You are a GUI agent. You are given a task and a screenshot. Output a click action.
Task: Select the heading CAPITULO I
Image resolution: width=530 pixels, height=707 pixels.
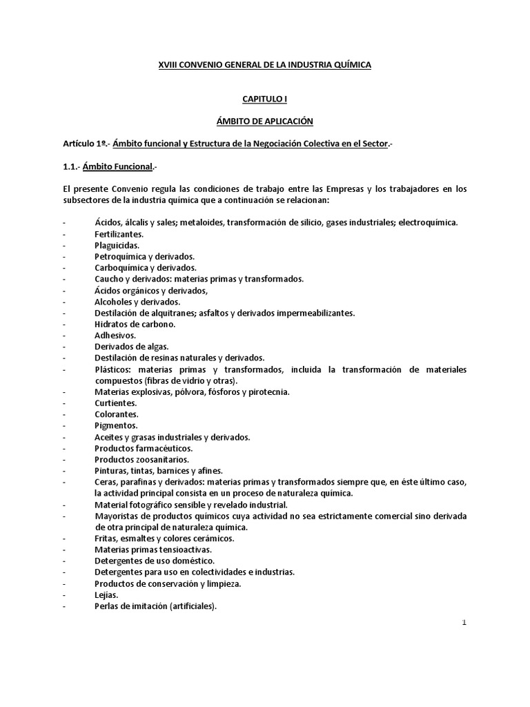tap(265, 99)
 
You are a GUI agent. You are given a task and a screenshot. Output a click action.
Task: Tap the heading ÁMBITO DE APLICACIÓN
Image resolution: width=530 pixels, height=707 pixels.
tap(265, 122)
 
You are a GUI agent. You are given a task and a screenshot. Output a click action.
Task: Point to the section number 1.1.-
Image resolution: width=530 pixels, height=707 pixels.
tap(70, 166)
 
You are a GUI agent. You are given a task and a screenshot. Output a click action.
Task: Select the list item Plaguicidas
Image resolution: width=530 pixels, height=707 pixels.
tap(117, 245)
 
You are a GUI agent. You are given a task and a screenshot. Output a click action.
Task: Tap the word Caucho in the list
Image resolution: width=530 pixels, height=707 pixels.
tap(108, 279)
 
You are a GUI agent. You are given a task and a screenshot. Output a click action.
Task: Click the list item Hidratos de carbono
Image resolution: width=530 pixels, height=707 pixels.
tap(135, 324)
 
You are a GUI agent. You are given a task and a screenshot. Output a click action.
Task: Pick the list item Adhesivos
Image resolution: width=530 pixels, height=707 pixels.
tap(115, 335)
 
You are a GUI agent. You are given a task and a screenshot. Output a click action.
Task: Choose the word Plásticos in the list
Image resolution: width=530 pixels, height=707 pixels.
tap(112, 369)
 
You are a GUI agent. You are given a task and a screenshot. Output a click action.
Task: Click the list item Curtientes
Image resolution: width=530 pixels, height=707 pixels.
tap(115, 403)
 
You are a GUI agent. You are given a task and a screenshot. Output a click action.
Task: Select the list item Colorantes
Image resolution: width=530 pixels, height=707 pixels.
tap(117, 414)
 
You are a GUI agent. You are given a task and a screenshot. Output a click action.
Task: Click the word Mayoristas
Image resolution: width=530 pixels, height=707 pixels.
tap(118, 516)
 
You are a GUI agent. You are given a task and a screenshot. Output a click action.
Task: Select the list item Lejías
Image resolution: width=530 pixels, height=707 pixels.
tap(106, 595)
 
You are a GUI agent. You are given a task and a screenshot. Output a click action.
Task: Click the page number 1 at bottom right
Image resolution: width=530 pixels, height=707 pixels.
tap(465, 622)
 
